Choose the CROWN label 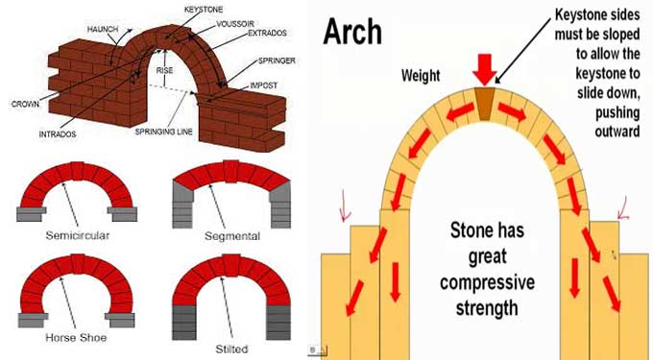tap(24, 104)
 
